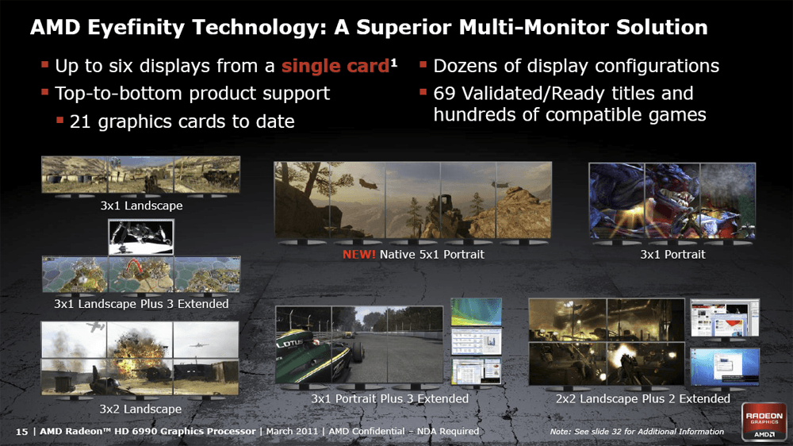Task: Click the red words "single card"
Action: pyautogui.click(x=335, y=66)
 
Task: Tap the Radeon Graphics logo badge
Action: pyautogui.click(x=764, y=421)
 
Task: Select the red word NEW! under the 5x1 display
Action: pyautogui.click(x=358, y=254)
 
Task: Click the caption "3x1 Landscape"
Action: pyautogui.click(x=141, y=206)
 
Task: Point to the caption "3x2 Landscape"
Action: pyautogui.click(x=140, y=409)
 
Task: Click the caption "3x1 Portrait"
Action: pyautogui.click(x=672, y=254)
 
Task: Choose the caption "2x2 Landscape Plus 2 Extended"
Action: pyautogui.click(x=643, y=399)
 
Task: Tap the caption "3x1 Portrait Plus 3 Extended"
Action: pyautogui.click(x=390, y=399)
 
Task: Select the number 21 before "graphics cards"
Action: pyautogui.click(x=80, y=121)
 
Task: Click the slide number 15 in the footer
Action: pyautogui.click(x=21, y=432)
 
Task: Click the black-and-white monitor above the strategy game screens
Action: pyautogui.click(x=141, y=237)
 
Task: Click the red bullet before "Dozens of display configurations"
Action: pyautogui.click(x=423, y=64)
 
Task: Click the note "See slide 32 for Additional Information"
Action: pyautogui.click(x=649, y=432)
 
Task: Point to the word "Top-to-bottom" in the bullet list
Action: pyautogui.click(x=121, y=94)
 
